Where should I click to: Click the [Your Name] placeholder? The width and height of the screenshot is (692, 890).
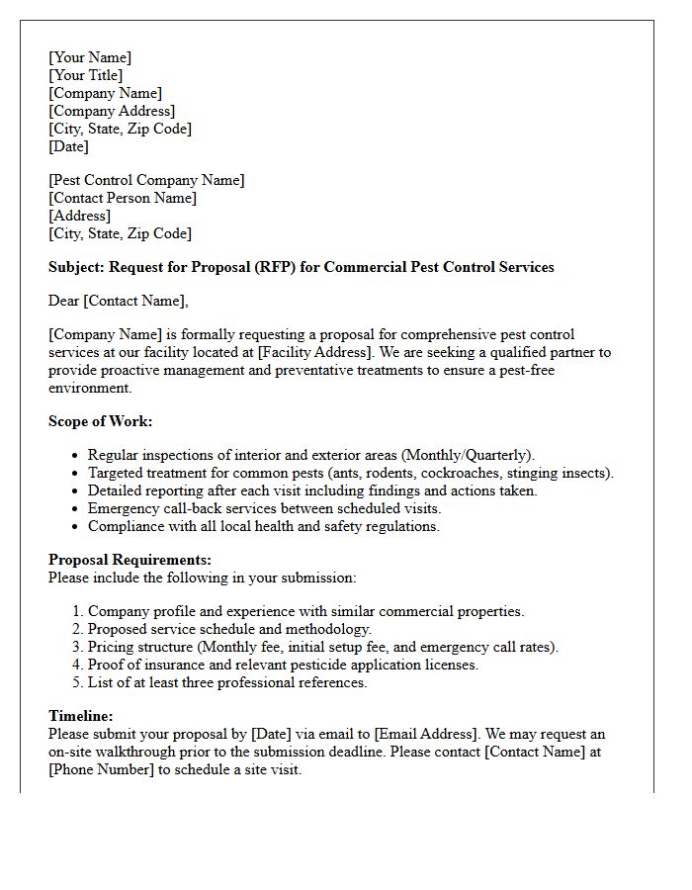tap(90, 57)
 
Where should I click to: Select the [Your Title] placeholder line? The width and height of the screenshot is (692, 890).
tap(86, 75)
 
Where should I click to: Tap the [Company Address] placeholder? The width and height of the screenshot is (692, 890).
tap(112, 111)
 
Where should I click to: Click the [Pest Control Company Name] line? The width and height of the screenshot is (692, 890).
tap(146, 180)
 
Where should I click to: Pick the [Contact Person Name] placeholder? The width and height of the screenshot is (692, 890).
tap(123, 198)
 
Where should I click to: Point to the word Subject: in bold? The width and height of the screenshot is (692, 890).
tap(76, 267)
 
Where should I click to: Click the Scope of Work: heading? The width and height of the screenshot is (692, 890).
tap(101, 421)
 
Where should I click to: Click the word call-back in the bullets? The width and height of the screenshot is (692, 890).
tap(189, 508)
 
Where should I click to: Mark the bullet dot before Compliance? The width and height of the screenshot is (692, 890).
tap(75, 527)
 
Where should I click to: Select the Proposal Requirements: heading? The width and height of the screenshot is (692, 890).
tap(130, 560)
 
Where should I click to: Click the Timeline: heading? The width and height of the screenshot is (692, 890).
tap(81, 716)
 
